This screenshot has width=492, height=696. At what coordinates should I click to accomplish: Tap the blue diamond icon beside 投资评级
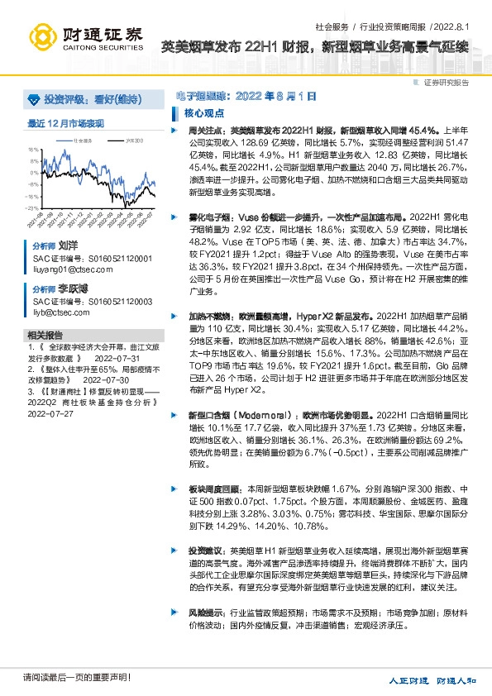[x=33, y=99]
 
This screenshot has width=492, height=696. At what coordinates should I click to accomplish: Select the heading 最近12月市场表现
[x=66, y=122]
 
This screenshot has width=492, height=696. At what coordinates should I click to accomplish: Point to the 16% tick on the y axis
[x=33, y=150]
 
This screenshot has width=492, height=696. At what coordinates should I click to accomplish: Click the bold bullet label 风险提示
[x=204, y=613]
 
